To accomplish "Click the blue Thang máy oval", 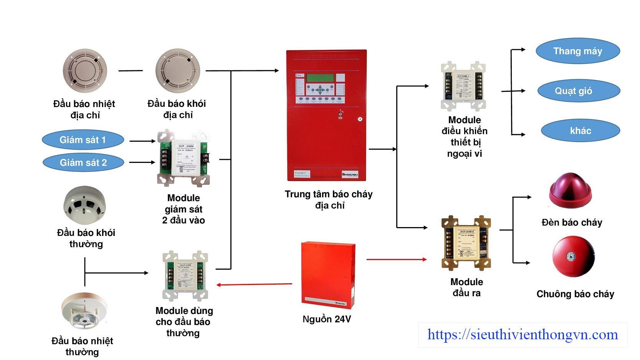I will click(x=578, y=51).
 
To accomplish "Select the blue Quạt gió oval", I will click(x=579, y=91).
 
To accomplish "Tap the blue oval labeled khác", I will click(x=580, y=131).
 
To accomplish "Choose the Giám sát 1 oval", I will click(x=83, y=140).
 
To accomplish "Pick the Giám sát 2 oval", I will click(x=83, y=163).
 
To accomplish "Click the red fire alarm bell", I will click(x=573, y=257).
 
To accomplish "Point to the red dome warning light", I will click(x=571, y=191).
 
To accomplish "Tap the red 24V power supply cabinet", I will click(x=327, y=275).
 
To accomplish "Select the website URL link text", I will click(x=523, y=335).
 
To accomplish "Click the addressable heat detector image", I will click(x=85, y=71).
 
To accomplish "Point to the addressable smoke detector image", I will click(x=178, y=71).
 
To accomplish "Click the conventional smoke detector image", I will click(x=85, y=206).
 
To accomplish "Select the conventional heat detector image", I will click(x=84, y=311).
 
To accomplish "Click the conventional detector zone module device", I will click(x=185, y=275).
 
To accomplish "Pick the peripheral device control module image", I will click(x=463, y=86).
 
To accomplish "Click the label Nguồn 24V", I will click(x=327, y=319).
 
